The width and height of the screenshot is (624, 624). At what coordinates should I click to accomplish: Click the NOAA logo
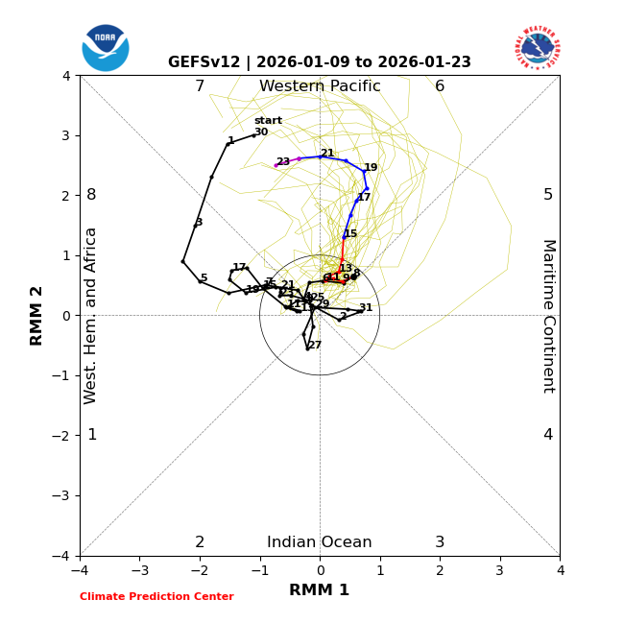pos(106,48)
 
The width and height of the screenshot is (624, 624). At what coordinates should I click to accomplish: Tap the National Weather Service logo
pos(538,48)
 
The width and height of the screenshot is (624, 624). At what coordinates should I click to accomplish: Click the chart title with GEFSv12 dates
pos(320,62)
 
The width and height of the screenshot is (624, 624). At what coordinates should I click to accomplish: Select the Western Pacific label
pos(320,86)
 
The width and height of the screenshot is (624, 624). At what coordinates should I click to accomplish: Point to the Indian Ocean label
pos(320,542)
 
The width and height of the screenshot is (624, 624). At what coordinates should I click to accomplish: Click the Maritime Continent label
pos(548,316)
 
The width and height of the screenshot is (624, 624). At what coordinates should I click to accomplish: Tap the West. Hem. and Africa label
pos(91,316)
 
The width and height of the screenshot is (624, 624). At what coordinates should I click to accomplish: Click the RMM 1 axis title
pos(320,590)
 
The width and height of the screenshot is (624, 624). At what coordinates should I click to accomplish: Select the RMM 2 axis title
pos(37,316)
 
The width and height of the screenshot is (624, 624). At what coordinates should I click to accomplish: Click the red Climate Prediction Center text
pos(156,597)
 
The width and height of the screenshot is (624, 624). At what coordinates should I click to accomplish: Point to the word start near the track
pos(268,121)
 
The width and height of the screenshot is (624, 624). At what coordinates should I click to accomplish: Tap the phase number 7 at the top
pos(200,86)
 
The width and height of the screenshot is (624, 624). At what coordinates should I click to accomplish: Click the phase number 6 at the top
pos(440,86)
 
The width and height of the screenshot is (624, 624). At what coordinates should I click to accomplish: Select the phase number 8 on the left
pos(91,195)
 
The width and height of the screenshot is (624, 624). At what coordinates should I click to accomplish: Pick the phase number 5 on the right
pos(548,195)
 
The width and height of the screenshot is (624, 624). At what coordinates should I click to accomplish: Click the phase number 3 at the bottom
pos(440,542)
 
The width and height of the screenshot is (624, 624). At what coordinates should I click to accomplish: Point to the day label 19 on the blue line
pos(371,168)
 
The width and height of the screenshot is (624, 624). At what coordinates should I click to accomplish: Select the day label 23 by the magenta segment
pos(283,162)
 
